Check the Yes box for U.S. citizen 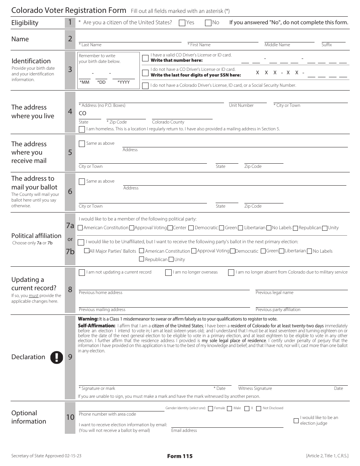click(182, 23)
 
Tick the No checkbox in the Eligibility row click(208, 23)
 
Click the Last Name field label click(90, 45)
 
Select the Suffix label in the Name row click(327, 45)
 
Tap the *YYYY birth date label click(124, 82)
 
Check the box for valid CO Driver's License click(145, 58)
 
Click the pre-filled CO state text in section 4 click(83, 113)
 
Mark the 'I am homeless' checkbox click(82, 129)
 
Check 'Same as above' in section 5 click(82, 144)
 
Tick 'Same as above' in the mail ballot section click(82, 181)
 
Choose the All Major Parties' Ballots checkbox click(87, 251)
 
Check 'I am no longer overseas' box click(168, 272)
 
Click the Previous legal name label click(274, 292)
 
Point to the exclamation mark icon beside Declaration click(57, 357)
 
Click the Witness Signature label click(255, 388)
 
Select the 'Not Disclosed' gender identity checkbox click(258, 408)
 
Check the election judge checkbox click(296, 421)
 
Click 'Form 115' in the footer click(180, 456)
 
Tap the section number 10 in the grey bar click(70, 417)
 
